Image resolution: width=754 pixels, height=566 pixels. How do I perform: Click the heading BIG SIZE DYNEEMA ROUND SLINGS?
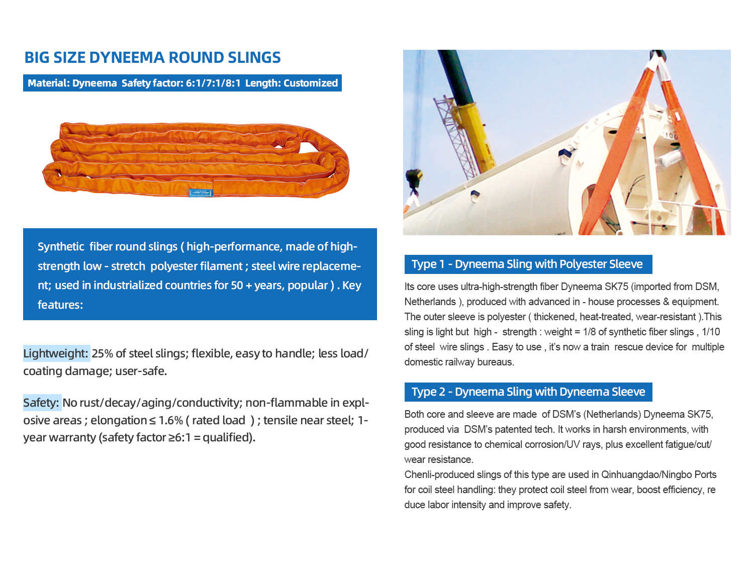(x=152, y=58)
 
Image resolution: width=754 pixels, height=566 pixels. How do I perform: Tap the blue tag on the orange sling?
(x=201, y=192)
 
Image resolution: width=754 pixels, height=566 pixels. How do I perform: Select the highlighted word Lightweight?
(x=56, y=353)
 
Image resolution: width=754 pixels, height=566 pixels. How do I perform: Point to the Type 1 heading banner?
(x=528, y=264)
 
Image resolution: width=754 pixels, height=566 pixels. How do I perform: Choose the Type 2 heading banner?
(x=528, y=392)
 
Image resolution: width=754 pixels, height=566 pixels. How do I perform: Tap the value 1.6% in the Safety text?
(x=170, y=420)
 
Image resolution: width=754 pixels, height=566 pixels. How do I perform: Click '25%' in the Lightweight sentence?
(x=102, y=353)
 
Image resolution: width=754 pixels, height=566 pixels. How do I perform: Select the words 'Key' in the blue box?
(x=352, y=286)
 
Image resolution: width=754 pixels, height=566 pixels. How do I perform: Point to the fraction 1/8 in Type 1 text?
(x=589, y=332)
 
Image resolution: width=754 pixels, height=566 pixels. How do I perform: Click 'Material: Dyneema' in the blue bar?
(x=72, y=83)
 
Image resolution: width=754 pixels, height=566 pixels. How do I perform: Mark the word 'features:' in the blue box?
(x=60, y=305)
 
